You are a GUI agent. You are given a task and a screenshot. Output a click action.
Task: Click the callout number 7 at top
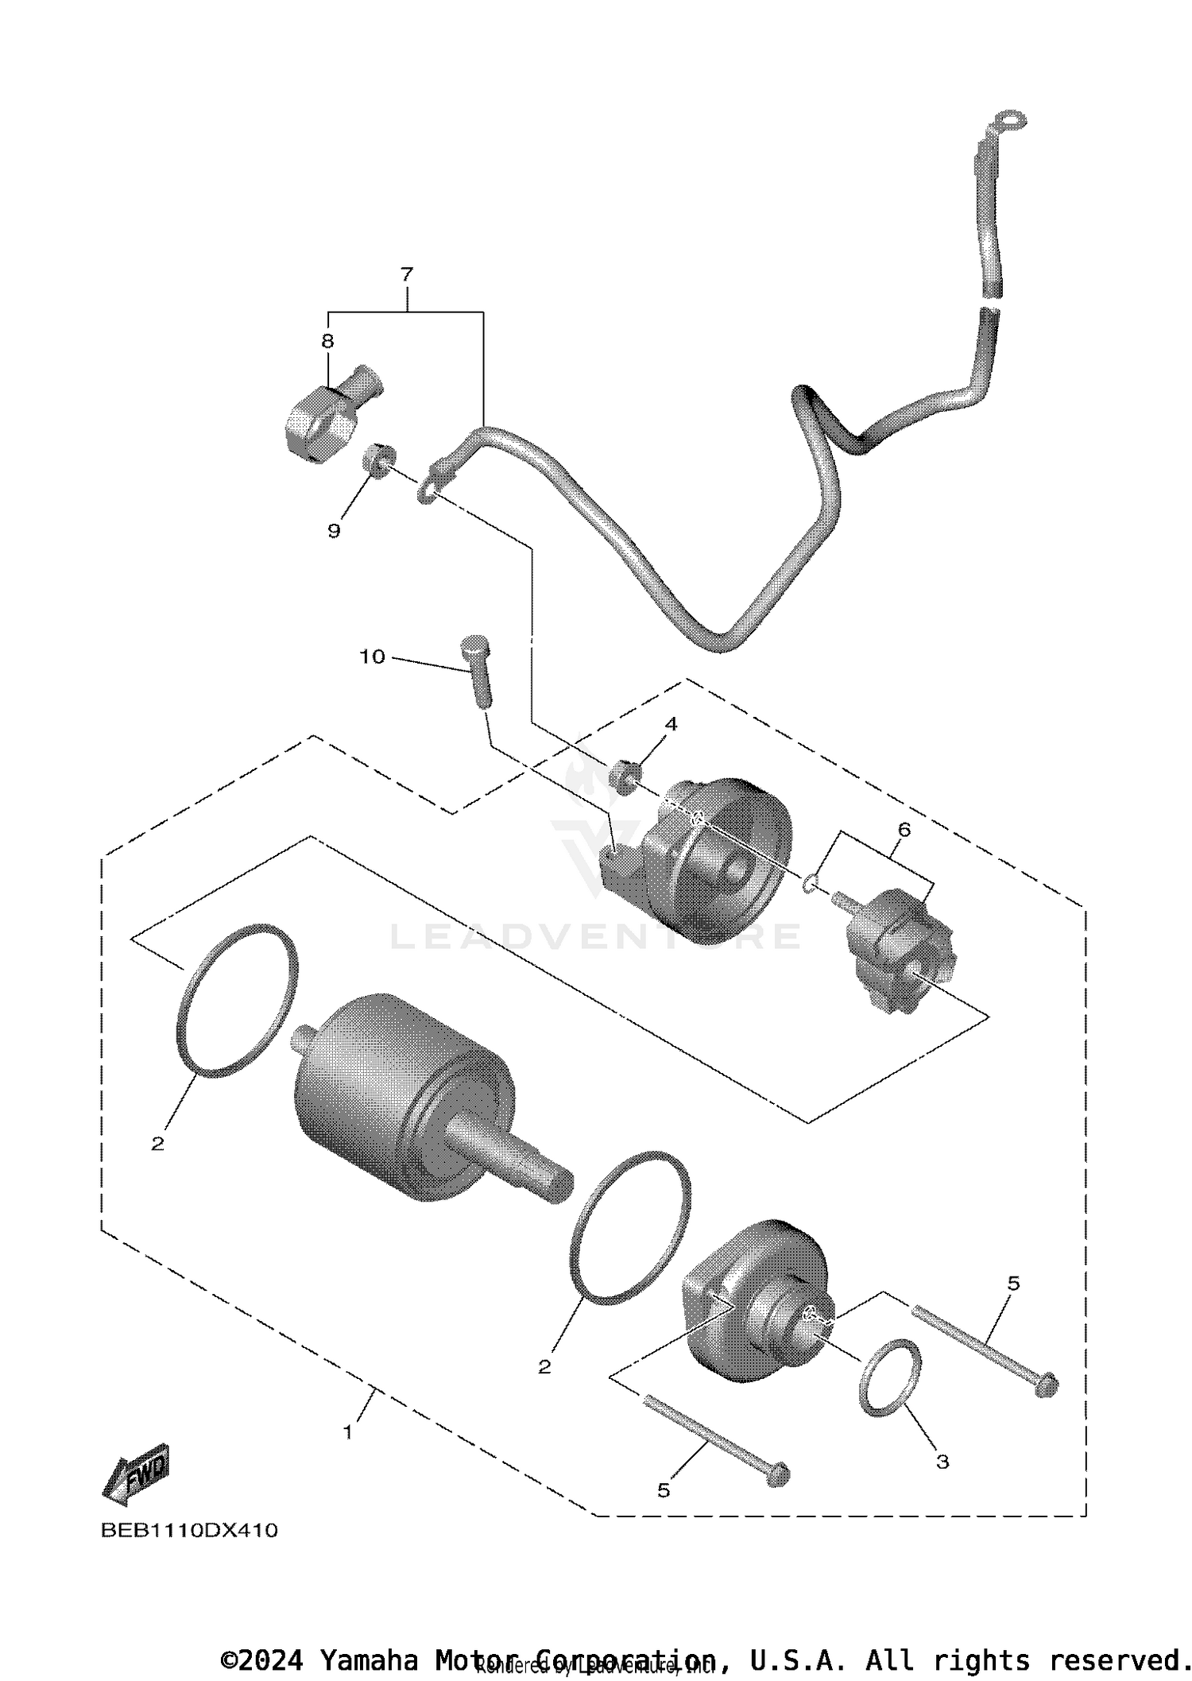point(406,275)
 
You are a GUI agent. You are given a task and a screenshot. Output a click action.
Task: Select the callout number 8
point(327,341)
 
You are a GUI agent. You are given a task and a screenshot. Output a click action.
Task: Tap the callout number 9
point(334,531)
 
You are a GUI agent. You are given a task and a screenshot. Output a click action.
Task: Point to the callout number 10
point(372,657)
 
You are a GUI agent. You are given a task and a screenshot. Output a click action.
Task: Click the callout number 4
point(671,724)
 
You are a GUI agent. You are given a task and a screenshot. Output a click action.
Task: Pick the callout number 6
point(904,829)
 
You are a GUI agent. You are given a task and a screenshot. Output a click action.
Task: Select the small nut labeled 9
point(380,461)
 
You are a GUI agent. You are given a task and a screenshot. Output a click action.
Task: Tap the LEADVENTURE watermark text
point(596,936)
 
